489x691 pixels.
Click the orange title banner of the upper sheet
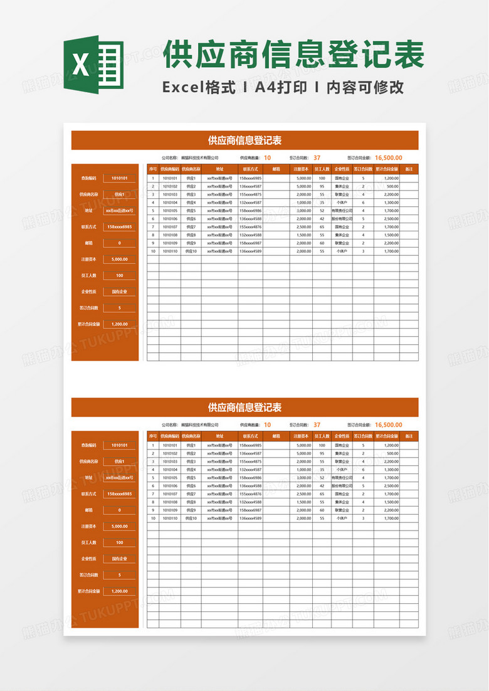(x=244, y=140)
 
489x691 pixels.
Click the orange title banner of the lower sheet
(x=244, y=408)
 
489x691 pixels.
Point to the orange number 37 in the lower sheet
(x=317, y=425)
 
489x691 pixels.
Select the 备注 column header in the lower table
(x=409, y=435)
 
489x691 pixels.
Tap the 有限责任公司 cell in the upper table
(x=342, y=211)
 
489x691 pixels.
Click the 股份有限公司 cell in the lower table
(x=342, y=485)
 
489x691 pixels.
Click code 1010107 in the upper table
(x=170, y=227)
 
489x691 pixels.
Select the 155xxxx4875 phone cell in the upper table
(x=251, y=194)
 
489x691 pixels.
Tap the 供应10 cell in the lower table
(x=191, y=519)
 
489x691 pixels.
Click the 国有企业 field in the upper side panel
(x=119, y=292)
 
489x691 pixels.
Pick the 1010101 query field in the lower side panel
(x=119, y=445)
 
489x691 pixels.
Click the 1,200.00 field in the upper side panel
(x=119, y=324)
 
